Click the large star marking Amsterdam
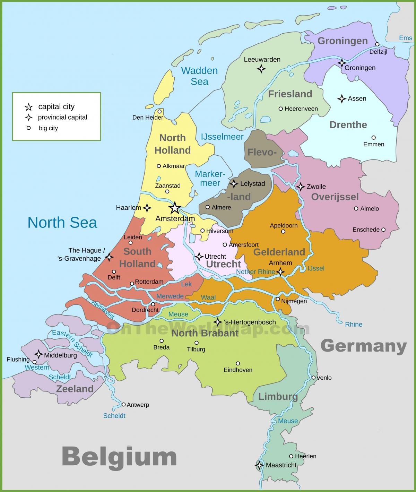[175, 208]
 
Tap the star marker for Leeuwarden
[261, 69]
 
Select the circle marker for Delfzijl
[377, 44]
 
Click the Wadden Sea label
[199, 76]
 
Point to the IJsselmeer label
[222, 137]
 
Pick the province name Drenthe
[348, 125]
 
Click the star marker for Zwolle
[300, 187]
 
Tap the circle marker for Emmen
[373, 138]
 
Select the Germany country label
[363, 346]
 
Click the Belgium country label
[119, 457]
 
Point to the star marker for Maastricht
[259, 465]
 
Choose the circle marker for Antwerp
[123, 404]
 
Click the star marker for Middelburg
[38, 354]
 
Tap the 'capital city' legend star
[28, 107]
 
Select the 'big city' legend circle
[28, 128]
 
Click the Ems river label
[405, 38]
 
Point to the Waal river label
[208, 297]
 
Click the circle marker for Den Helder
[159, 111]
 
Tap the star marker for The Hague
[109, 257]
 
